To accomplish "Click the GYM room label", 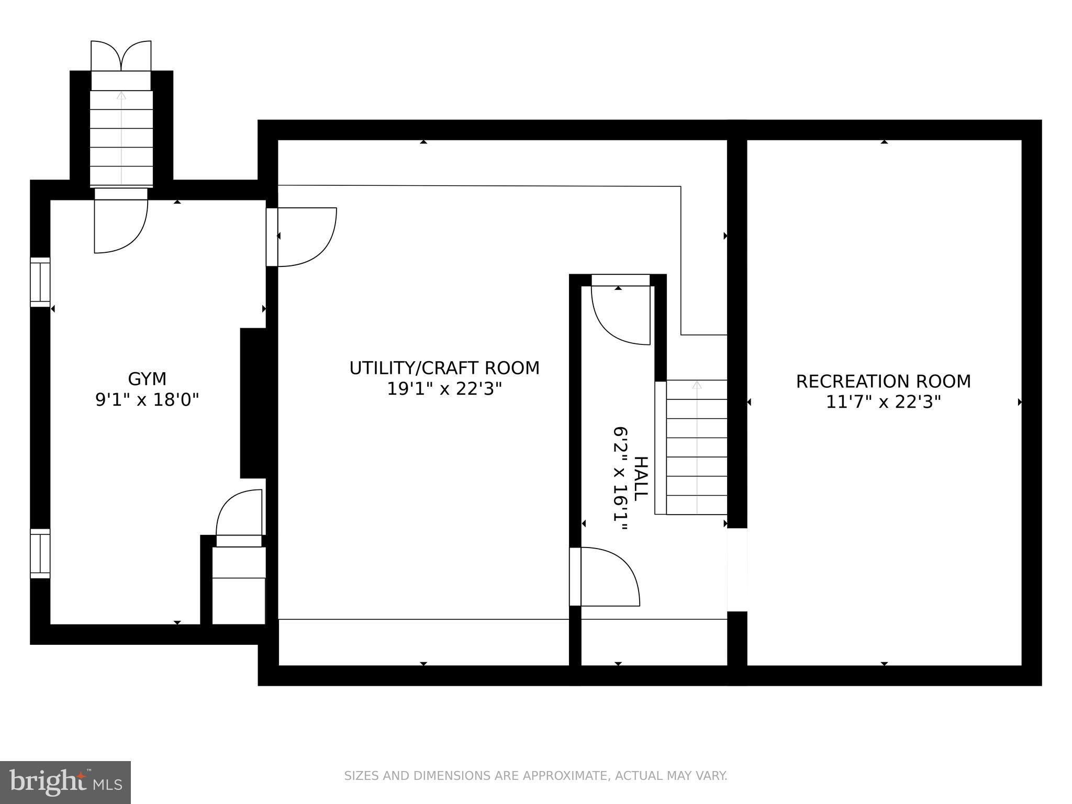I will pyautogui.click(x=147, y=378).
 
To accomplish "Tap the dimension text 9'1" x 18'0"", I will pyautogui.click(x=147, y=400).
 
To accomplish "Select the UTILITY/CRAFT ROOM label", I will pyautogui.click(x=444, y=368).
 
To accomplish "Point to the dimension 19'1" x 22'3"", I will pyautogui.click(x=444, y=389).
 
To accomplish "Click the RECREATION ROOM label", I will pyautogui.click(x=884, y=381).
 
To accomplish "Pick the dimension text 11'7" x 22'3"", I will pyautogui.click(x=884, y=402).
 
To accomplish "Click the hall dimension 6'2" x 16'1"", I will pyautogui.click(x=621, y=479).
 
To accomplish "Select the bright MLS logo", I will pyautogui.click(x=65, y=782).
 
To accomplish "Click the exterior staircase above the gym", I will pyautogui.click(x=121, y=139).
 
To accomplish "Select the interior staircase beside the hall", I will pyautogui.click(x=697, y=448).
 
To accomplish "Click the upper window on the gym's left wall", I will pyautogui.click(x=40, y=282).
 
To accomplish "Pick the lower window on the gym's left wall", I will pyautogui.click(x=40, y=553).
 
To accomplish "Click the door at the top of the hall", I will pyautogui.click(x=621, y=314).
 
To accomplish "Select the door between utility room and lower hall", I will pyautogui.click(x=607, y=576).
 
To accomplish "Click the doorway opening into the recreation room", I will pyautogui.click(x=737, y=569).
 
